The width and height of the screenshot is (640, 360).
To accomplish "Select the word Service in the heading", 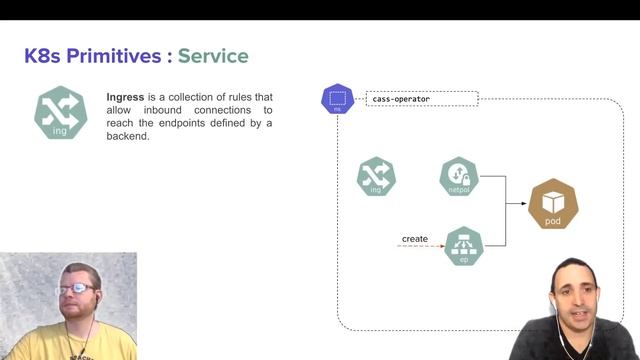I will pos(213,56).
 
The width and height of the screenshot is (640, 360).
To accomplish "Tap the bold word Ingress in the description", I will pos(127,97).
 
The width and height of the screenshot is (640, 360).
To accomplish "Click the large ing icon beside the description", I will pos(61,112).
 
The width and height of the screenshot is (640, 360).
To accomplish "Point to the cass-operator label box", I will pos(422,99).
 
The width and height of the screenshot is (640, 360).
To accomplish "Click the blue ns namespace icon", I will pos(338,100).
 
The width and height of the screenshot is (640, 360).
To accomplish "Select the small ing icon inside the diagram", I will pos(377,177).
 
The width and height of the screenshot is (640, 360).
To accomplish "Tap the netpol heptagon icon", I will pos(459,177).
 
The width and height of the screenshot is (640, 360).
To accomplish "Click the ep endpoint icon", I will pos(463,246).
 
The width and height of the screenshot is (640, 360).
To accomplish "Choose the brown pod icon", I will pos(553,205).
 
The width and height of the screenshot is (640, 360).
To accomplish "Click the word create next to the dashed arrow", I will pos(415,239).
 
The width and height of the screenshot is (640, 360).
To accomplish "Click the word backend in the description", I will pos(127,136).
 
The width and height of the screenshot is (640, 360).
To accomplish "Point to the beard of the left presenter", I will pos(76,313).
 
